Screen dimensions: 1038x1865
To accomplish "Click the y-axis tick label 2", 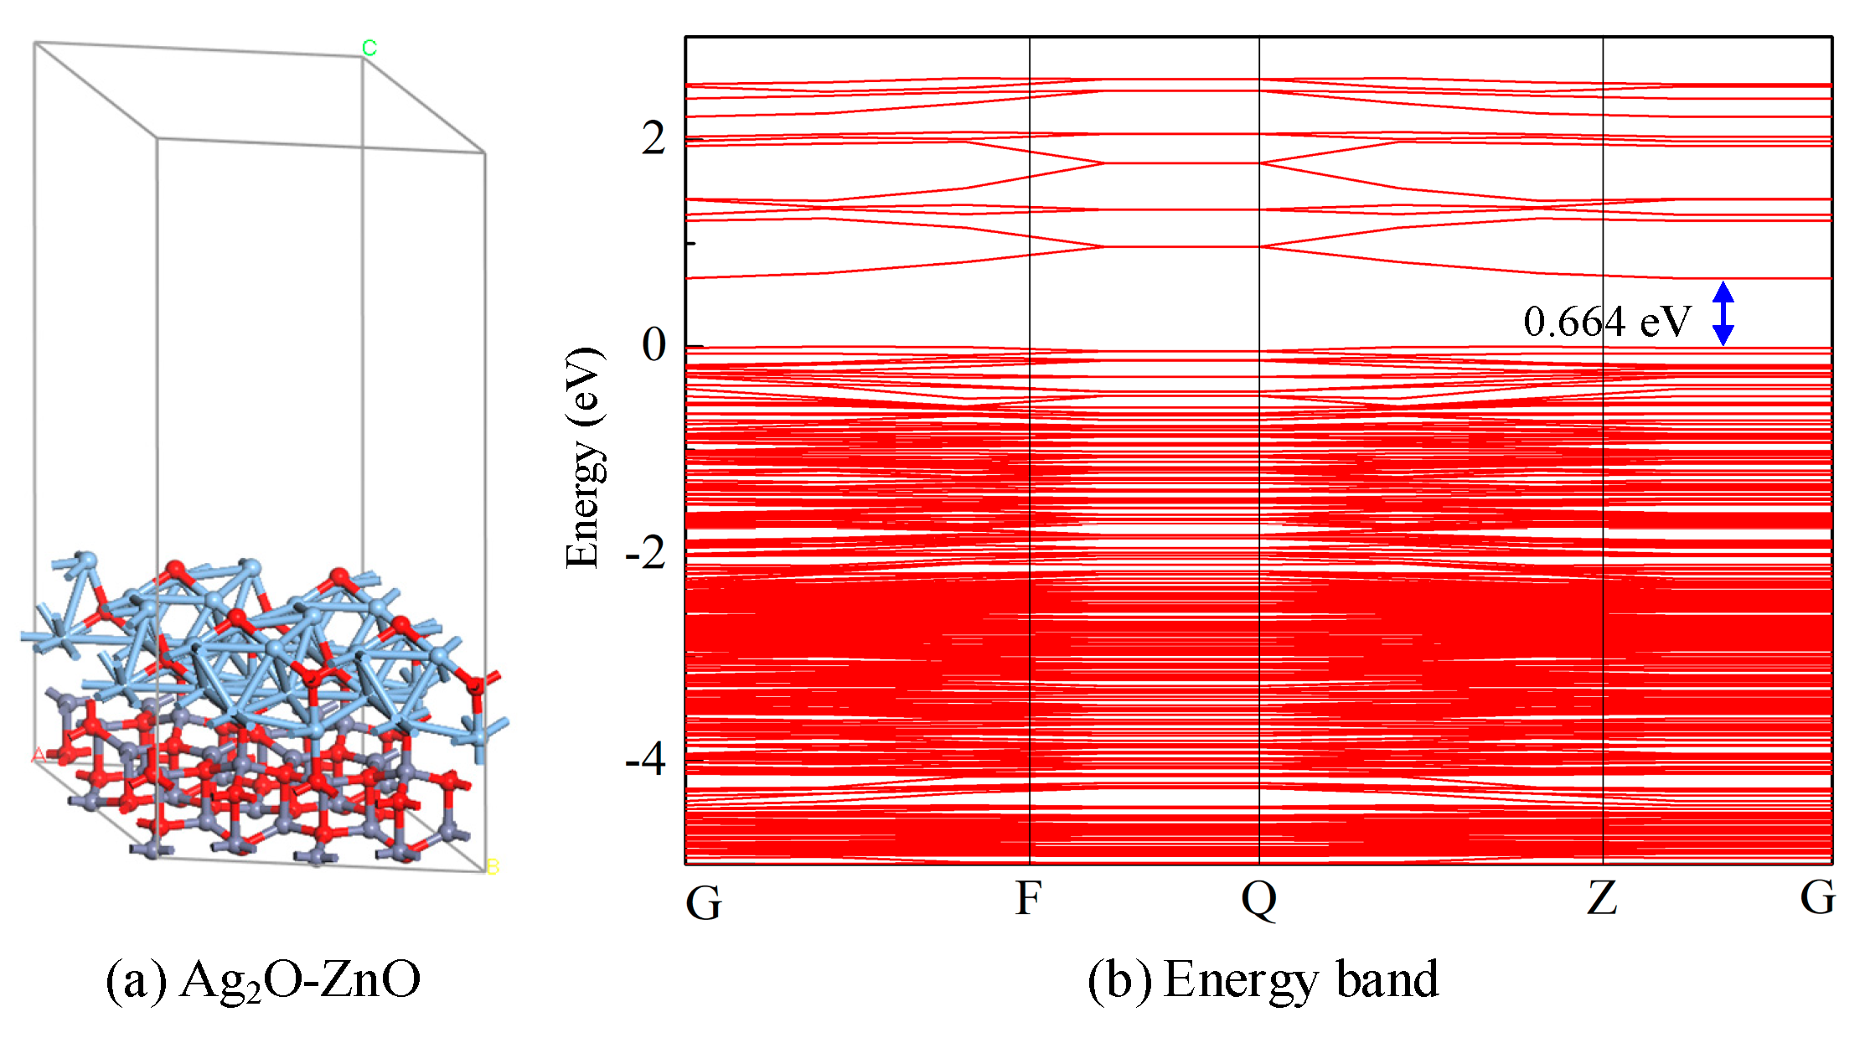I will click(x=654, y=138).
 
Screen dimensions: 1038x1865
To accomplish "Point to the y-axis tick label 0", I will click(x=654, y=344).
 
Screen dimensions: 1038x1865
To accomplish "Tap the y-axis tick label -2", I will click(x=645, y=552).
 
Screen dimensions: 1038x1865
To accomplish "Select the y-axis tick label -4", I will click(x=645, y=760).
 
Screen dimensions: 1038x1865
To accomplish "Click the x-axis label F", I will click(x=1028, y=899).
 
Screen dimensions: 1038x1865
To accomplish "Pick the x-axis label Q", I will click(x=1258, y=901).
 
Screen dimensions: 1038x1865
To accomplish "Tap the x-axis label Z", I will click(x=1602, y=899).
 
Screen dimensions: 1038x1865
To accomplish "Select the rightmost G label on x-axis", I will click(x=1817, y=897).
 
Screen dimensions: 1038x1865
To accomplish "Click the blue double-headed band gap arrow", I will click(x=1723, y=313).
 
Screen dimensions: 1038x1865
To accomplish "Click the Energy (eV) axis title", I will click(x=583, y=457).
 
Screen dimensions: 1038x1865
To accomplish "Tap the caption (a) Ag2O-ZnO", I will click(x=263, y=980).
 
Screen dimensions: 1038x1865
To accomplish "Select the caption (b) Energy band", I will click(x=1263, y=980).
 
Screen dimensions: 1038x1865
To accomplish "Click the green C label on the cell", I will click(x=369, y=48).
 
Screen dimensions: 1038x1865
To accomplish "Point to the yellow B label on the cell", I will click(x=493, y=867).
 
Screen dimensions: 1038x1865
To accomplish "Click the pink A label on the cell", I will click(x=39, y=756).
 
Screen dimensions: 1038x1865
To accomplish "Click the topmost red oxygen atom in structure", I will click(x=175, y=570).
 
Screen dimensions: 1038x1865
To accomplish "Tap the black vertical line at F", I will click(x=1030, y=503).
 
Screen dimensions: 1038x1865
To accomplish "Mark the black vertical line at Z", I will click(x=1603, y=503).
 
